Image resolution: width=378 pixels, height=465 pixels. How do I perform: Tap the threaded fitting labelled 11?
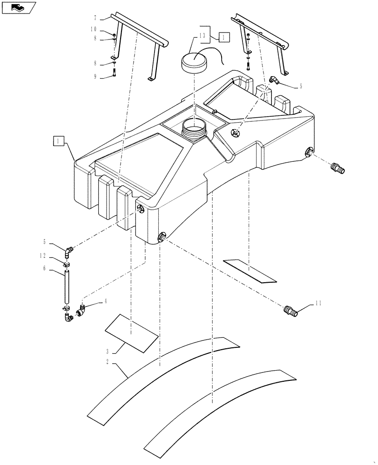pos(291,310)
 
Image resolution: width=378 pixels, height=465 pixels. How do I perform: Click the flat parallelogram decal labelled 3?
pos(132,331)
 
